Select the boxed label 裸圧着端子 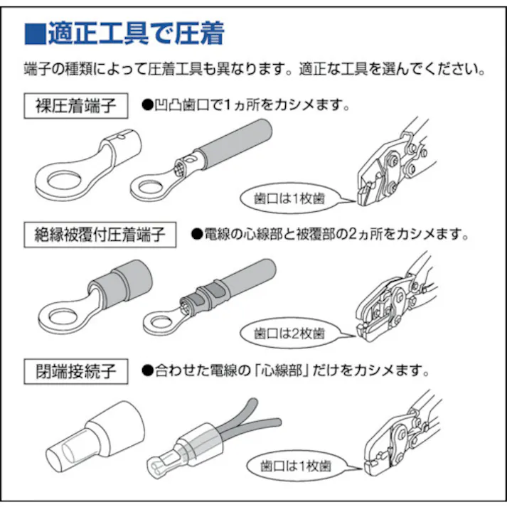tap(76, 107)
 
